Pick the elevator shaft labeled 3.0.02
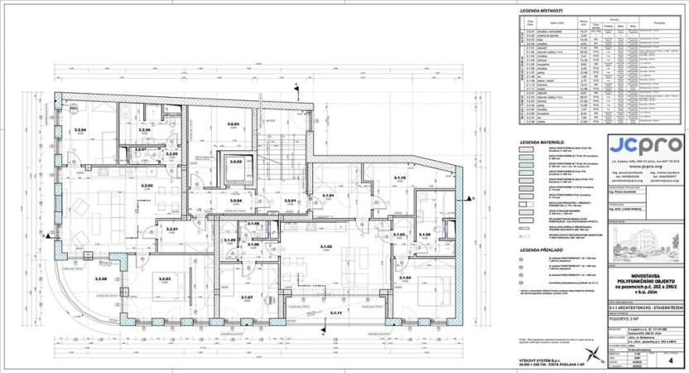click(235, 162)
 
